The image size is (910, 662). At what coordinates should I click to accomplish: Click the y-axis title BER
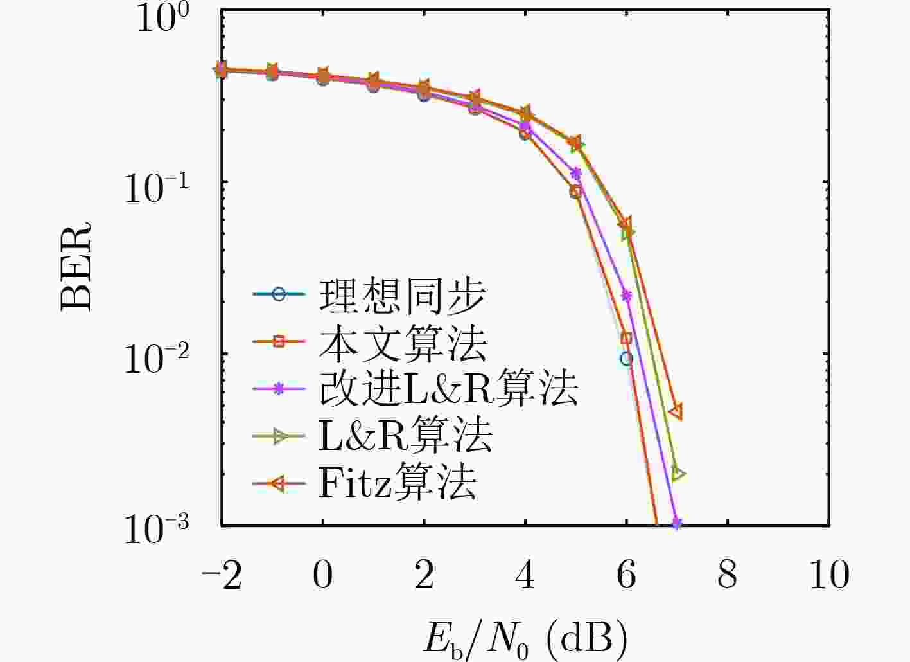pyautogui.click(x=76, y=266)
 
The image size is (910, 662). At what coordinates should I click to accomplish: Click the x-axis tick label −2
pyautogui.click(x=222, y=575)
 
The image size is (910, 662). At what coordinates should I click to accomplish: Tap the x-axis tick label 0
pyautogui.click(x=323, y=575)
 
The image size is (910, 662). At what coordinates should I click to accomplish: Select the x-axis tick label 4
pyautogui.click(x=525, y=575)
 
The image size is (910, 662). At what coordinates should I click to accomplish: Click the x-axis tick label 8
pyautogui.click(x=728, y=575)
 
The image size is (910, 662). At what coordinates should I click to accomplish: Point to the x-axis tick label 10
pyautogui.click(x=828, y=575)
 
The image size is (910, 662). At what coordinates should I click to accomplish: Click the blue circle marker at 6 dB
pyautogui.click(x=626, y=359)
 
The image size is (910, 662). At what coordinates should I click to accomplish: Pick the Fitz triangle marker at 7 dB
pyautogui.click(x=676, y=412)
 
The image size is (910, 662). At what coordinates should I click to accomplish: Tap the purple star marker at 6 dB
pyautogui.click(x=627, y=296)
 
